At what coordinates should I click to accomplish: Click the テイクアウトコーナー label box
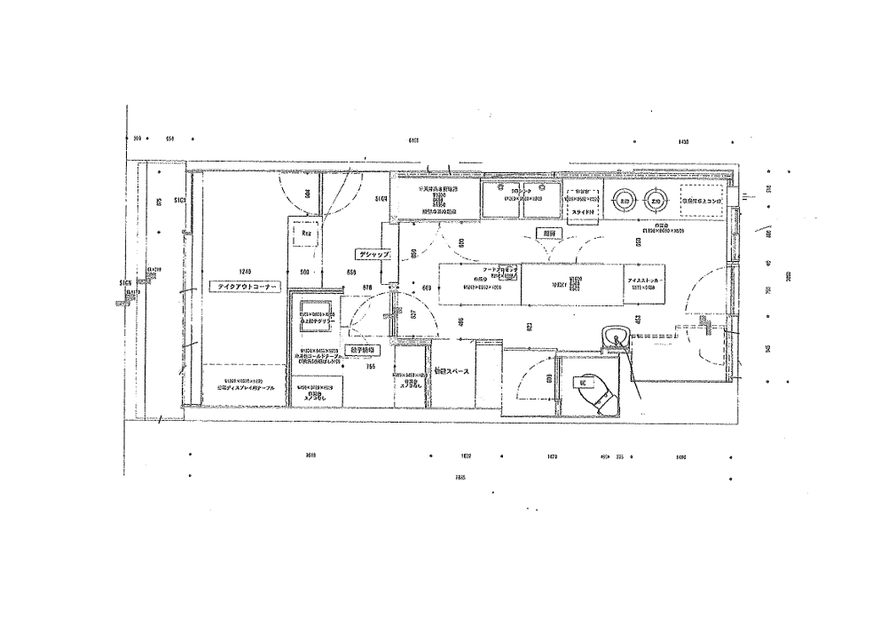click(x=244, y=287)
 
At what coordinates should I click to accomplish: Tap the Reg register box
click(x=306, y=233)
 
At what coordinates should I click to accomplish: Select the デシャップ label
click(x=373, y=254)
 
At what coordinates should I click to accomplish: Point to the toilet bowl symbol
click(x=596, y=392)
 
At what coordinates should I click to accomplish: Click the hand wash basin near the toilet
click(x=614, y=336)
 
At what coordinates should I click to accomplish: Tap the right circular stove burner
click(x=656, y=202)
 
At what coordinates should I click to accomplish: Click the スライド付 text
click(x=582, y=213)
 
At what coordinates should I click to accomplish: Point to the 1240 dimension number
click(x=246, y=271)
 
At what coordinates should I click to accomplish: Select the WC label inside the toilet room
click(x=584, y=382)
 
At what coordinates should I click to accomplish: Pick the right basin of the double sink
click(x=541, y=201)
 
